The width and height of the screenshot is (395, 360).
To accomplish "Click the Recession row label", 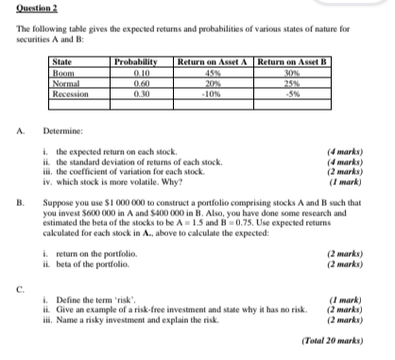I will click(72, 94).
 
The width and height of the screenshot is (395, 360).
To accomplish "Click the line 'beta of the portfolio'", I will click(100, 263).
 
